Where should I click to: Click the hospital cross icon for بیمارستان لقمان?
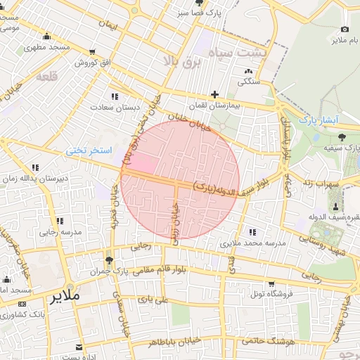[215, 94]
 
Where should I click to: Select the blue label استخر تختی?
[85, 150]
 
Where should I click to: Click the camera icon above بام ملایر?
[345, 30]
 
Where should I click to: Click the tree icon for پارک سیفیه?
[342, 137]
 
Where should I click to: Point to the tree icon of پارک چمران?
[108, 259]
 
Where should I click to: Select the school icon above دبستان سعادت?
[114, 96]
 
